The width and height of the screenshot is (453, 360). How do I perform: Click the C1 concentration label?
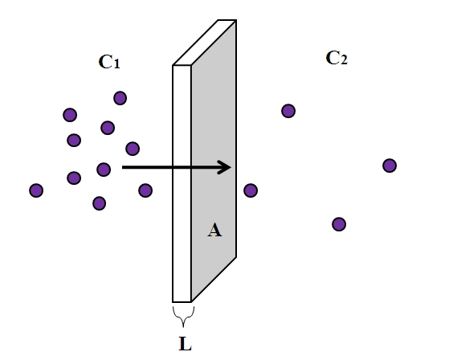(109, 62)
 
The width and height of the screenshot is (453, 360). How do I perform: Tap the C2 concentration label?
(337, 58)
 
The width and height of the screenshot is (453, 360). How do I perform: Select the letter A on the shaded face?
(214, 231)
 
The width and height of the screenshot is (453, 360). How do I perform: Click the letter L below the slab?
(186, 344)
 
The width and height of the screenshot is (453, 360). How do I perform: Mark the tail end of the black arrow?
(123, 167)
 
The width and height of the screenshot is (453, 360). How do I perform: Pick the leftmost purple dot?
(36, 190)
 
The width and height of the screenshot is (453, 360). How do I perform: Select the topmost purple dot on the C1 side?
(120, 98)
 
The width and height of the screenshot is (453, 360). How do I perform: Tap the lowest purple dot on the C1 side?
(100, 203)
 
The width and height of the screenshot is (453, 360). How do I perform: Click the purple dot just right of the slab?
(251, 190)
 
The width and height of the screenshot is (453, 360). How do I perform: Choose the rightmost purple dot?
(390, 166)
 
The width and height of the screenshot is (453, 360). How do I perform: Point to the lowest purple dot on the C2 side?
(339, 224)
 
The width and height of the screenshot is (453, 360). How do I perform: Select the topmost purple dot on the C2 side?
(288, 111)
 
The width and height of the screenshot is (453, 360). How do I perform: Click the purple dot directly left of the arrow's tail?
(104, 170)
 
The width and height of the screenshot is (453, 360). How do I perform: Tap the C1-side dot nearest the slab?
(145, 190)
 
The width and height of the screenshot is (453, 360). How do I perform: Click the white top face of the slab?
(205, 43)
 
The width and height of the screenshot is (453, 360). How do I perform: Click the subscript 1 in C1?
(116, 63)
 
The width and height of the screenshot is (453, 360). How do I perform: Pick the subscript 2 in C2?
(344, 59)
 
